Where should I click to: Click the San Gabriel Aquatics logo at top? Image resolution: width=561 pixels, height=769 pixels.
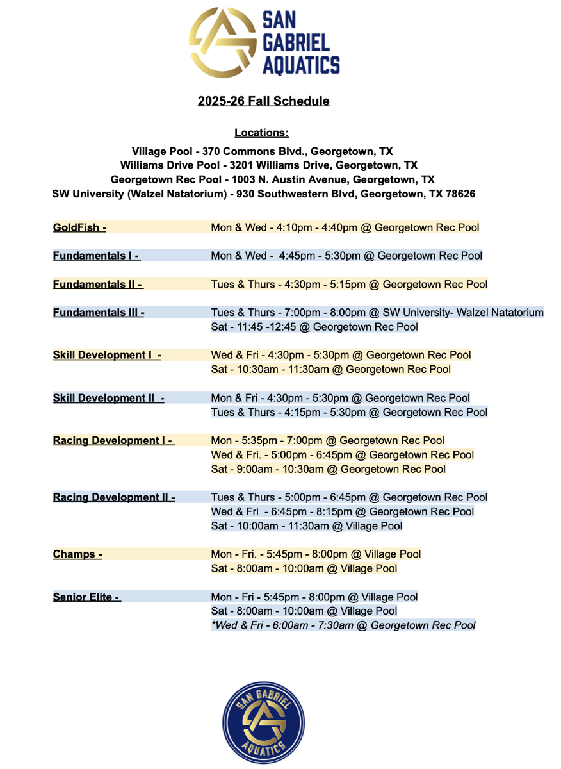coord(264,41)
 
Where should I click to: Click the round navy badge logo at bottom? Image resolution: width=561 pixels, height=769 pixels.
coord(263,723)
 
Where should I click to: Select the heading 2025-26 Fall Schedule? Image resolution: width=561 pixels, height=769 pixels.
coord(263,101)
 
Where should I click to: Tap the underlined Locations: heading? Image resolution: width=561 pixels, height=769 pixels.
coord(261,133)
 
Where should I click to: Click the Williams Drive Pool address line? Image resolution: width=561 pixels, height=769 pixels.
coord(269,165)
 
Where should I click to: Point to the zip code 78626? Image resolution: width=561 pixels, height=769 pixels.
coord(460,194)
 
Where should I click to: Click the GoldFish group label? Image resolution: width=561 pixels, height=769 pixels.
coord(79,227)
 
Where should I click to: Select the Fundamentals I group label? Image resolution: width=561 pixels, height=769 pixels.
coord(96,256)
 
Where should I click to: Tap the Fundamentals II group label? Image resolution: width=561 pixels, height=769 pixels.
coord(97,284)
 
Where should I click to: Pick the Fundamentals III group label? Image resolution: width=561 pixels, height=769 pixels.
coord(99,313)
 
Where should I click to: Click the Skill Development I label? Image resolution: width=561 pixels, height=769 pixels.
coord(107,355)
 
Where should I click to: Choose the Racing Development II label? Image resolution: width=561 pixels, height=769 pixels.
coord(114,497)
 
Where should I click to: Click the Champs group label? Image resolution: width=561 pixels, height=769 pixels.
coord(77,554)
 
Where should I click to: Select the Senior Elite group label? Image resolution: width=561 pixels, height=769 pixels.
coord(86,597)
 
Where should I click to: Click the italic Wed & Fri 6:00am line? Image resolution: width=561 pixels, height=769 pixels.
coord(343,625)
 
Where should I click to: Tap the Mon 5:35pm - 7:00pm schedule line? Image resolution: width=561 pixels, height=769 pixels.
coord(328,441)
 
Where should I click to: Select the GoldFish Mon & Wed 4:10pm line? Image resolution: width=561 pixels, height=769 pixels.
coord(345,227)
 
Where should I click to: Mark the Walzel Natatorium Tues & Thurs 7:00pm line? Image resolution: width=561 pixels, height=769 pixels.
coord(377,313)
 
